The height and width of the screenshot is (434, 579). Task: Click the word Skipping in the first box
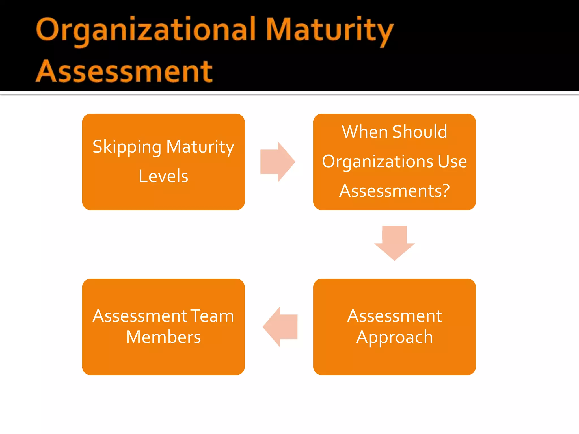tap(127, 147)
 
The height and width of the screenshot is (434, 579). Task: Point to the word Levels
tap(163, 176)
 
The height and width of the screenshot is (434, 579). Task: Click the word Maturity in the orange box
tap(200, 147)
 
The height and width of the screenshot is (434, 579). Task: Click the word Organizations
tap(377, 162)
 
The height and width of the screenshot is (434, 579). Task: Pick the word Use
tap(452, 162)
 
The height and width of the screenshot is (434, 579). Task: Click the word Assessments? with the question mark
tap(394, 191)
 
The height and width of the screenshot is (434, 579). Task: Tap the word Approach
tap(394, 337)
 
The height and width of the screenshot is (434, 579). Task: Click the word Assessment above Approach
tap(394, 316)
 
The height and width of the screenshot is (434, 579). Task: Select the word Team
tap(212, 316)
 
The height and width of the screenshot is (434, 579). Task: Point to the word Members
tap(163, 337)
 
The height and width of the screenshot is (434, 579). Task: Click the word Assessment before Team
tap(140, 316)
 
